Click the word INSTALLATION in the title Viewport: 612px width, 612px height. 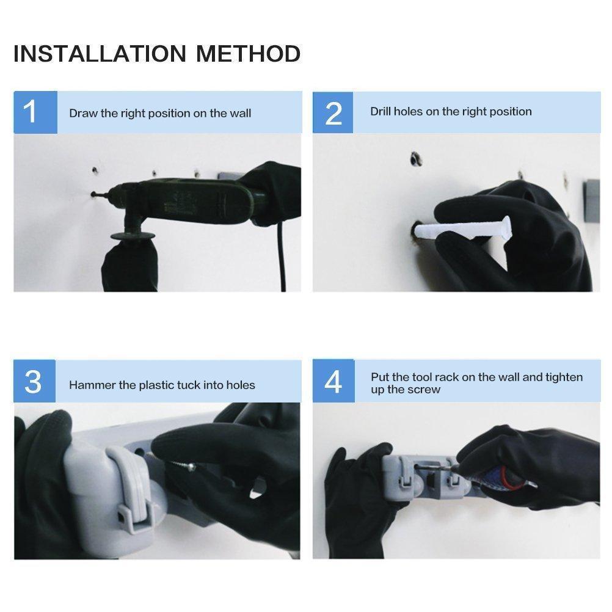click(x=100, y=54)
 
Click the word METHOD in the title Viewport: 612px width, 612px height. click(x=248, y=54)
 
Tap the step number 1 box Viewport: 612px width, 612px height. click(x=35, y=112)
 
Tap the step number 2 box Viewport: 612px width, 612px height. click(x=332, y=112)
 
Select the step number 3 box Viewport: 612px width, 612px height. click(x=34, y=381)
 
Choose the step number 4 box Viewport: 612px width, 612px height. click(x=333, y=381)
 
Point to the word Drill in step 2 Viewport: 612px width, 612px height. click(x=381, y=112)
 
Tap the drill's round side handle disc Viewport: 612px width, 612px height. click(x=133, y=236)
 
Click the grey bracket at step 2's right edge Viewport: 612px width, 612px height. click(x=592, y=201)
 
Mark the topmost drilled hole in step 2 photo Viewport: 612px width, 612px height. click(x=415, y=159)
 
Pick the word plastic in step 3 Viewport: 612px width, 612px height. click(x=156, y=385)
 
